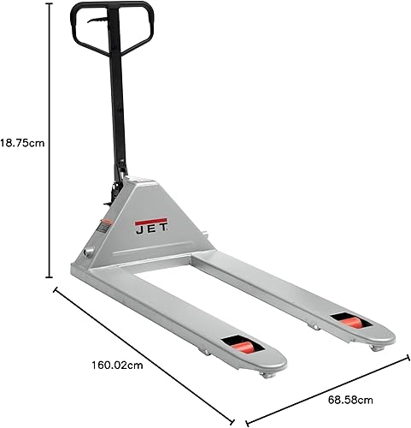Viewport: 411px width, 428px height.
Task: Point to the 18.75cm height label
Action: [21, 144]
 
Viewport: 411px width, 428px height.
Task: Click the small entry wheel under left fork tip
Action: [267, 374]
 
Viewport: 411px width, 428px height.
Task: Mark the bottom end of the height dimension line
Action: [50, 278]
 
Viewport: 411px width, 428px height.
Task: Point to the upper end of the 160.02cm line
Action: [56, 289]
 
